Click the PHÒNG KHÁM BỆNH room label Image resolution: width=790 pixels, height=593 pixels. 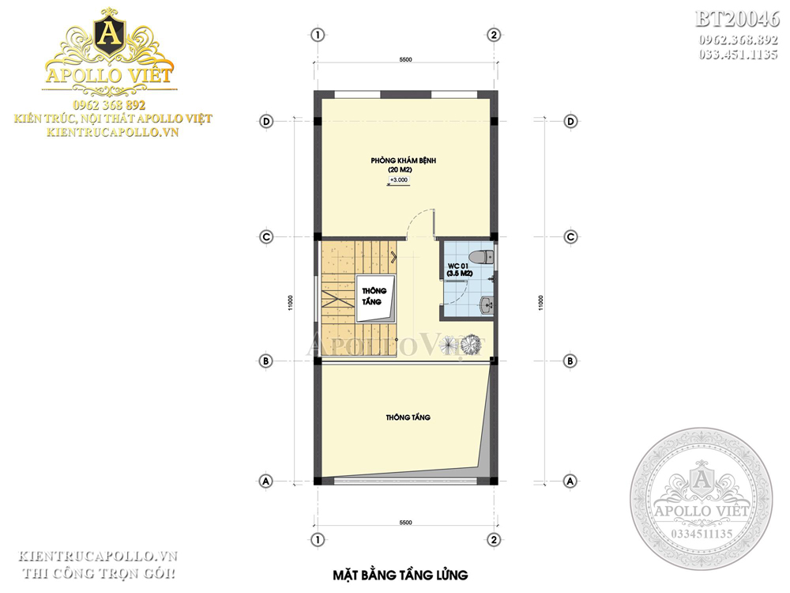click(403, 161)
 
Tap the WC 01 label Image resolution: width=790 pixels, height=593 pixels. click(457, 266)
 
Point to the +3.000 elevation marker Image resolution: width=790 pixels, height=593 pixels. click(398, 180)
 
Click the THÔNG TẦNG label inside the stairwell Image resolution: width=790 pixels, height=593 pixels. click(374, 296)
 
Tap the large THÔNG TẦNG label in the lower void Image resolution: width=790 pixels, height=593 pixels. click(408, 417)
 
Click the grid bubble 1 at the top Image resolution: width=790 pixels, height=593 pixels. click(318, 35)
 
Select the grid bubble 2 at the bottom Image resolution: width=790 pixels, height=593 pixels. click(494, 539)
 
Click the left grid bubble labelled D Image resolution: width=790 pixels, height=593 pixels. click(266, 121)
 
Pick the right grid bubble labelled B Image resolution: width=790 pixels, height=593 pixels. click(570, 361)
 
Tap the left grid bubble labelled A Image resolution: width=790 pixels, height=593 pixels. click(266, 481)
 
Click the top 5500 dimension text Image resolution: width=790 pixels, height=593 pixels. click(405, 59)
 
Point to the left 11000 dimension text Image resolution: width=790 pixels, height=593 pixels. click(290, 303)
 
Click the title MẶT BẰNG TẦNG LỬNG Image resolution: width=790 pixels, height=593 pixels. click(401, 575)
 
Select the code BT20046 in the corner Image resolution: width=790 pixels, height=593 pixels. click(737, 19)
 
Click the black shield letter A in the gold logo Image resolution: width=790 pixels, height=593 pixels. click(109, 34)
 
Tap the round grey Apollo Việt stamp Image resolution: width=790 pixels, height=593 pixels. click(702, 499)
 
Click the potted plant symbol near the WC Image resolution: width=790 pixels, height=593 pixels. click(472, 345)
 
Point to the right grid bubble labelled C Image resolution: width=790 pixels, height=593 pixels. click(570, 236)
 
